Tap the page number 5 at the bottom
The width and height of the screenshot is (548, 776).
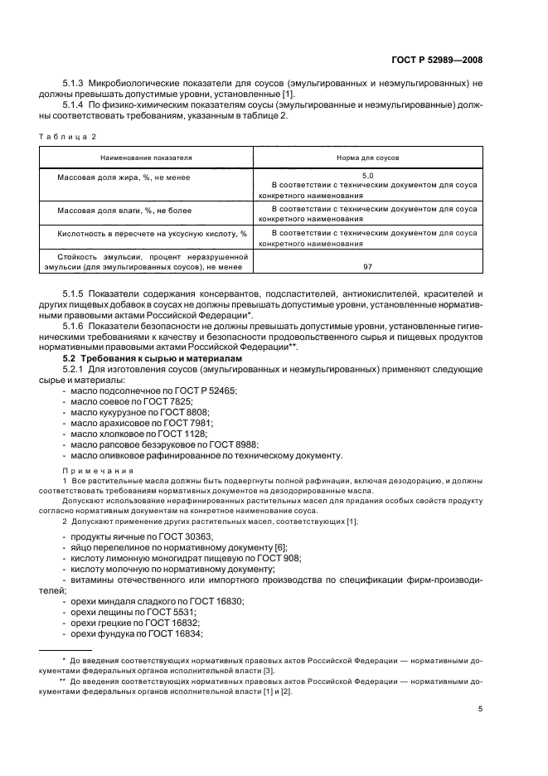pyautogui.click(x=480, y=709)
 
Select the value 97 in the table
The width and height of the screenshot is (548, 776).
pyautogui.click(x=367, y=267)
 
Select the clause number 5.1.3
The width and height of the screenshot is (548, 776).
pyautogui.click(x=75, y=85)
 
